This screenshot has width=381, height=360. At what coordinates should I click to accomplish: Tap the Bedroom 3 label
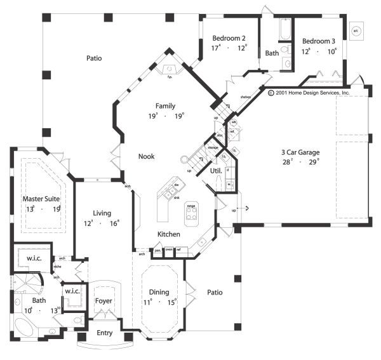(318, 41)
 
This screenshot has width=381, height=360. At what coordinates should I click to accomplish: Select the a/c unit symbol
(356, 30)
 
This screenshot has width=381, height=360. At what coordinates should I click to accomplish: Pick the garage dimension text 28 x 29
(301, 163)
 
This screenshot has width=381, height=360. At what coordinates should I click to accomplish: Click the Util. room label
(207, 171)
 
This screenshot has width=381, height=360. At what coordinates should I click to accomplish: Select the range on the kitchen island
(190, 214)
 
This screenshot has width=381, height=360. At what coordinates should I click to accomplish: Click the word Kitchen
(169, 235)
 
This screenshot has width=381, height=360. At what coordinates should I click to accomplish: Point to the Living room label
(102, 214)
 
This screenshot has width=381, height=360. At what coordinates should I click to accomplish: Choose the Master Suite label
(41, 199)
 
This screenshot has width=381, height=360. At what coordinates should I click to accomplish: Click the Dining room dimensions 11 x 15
(159, 302)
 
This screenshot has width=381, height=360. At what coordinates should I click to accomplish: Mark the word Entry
(104, 333)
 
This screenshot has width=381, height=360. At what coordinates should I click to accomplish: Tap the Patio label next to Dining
(214, 293)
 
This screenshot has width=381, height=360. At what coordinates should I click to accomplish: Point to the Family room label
(165, 106)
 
